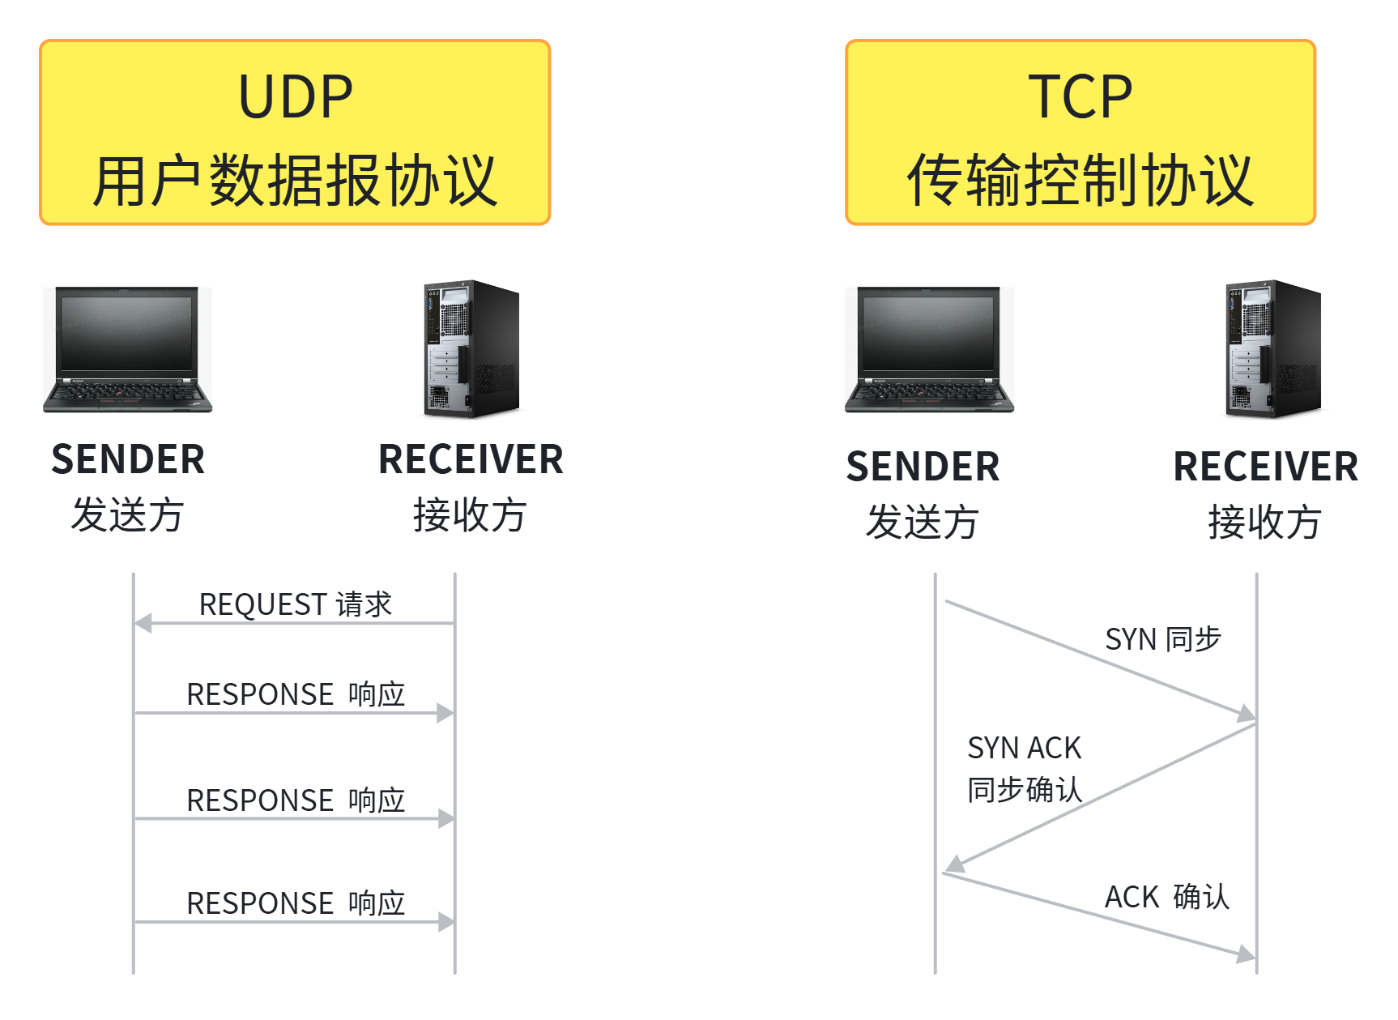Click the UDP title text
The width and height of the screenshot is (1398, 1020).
(x=296, y=97)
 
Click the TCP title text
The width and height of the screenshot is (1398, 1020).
(x=1080, y=97)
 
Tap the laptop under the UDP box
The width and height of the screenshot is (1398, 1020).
(x=127, y=349)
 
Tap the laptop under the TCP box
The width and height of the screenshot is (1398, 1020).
(x=929, y=349)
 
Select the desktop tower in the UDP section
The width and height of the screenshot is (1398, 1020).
(x=471, y=348)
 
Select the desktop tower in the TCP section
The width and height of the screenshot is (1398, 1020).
(x=1273, y=348)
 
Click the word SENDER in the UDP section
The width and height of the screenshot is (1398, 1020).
(x=128, y=459)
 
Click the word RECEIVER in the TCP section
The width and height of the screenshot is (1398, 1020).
(x=1266, y=467)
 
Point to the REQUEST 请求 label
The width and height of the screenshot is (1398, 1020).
(x=296, y=604)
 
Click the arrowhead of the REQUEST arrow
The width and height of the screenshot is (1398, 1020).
(x=143, y=623)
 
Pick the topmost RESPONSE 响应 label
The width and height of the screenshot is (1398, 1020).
(x=296, y=694)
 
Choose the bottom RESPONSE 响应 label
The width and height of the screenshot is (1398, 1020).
(x=296, y=903)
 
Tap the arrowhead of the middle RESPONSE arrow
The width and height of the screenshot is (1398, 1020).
(x=445, y=818)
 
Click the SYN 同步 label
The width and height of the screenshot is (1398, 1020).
(x=1163, y=639)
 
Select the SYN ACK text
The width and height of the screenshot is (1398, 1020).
(x=1025, y=748)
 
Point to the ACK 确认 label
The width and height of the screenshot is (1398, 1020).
(x=1167, y=897)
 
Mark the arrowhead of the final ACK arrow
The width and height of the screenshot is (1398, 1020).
(x=1247, y=954)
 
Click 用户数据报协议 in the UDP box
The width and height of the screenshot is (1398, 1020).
(x=295, y=181)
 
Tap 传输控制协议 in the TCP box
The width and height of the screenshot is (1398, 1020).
(x=1080, y=181)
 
